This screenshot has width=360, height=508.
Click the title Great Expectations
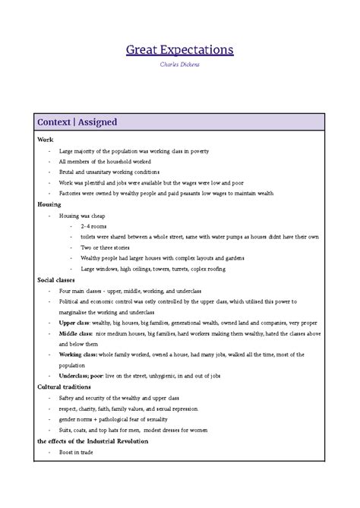[x=179, y=50]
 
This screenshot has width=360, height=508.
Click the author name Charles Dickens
[x=179, y=65]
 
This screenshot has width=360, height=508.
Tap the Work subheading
[x=45, y=140]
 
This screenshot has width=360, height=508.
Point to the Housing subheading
[x=49, y=204]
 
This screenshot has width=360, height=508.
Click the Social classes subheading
[x=57, y=279]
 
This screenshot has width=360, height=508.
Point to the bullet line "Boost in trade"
[x=78, y=451]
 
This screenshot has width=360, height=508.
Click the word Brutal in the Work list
[x=67, y=172]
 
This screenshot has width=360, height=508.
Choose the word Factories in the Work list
[x=71, y=194]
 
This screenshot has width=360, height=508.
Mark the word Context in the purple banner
[x=53, y=121]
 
